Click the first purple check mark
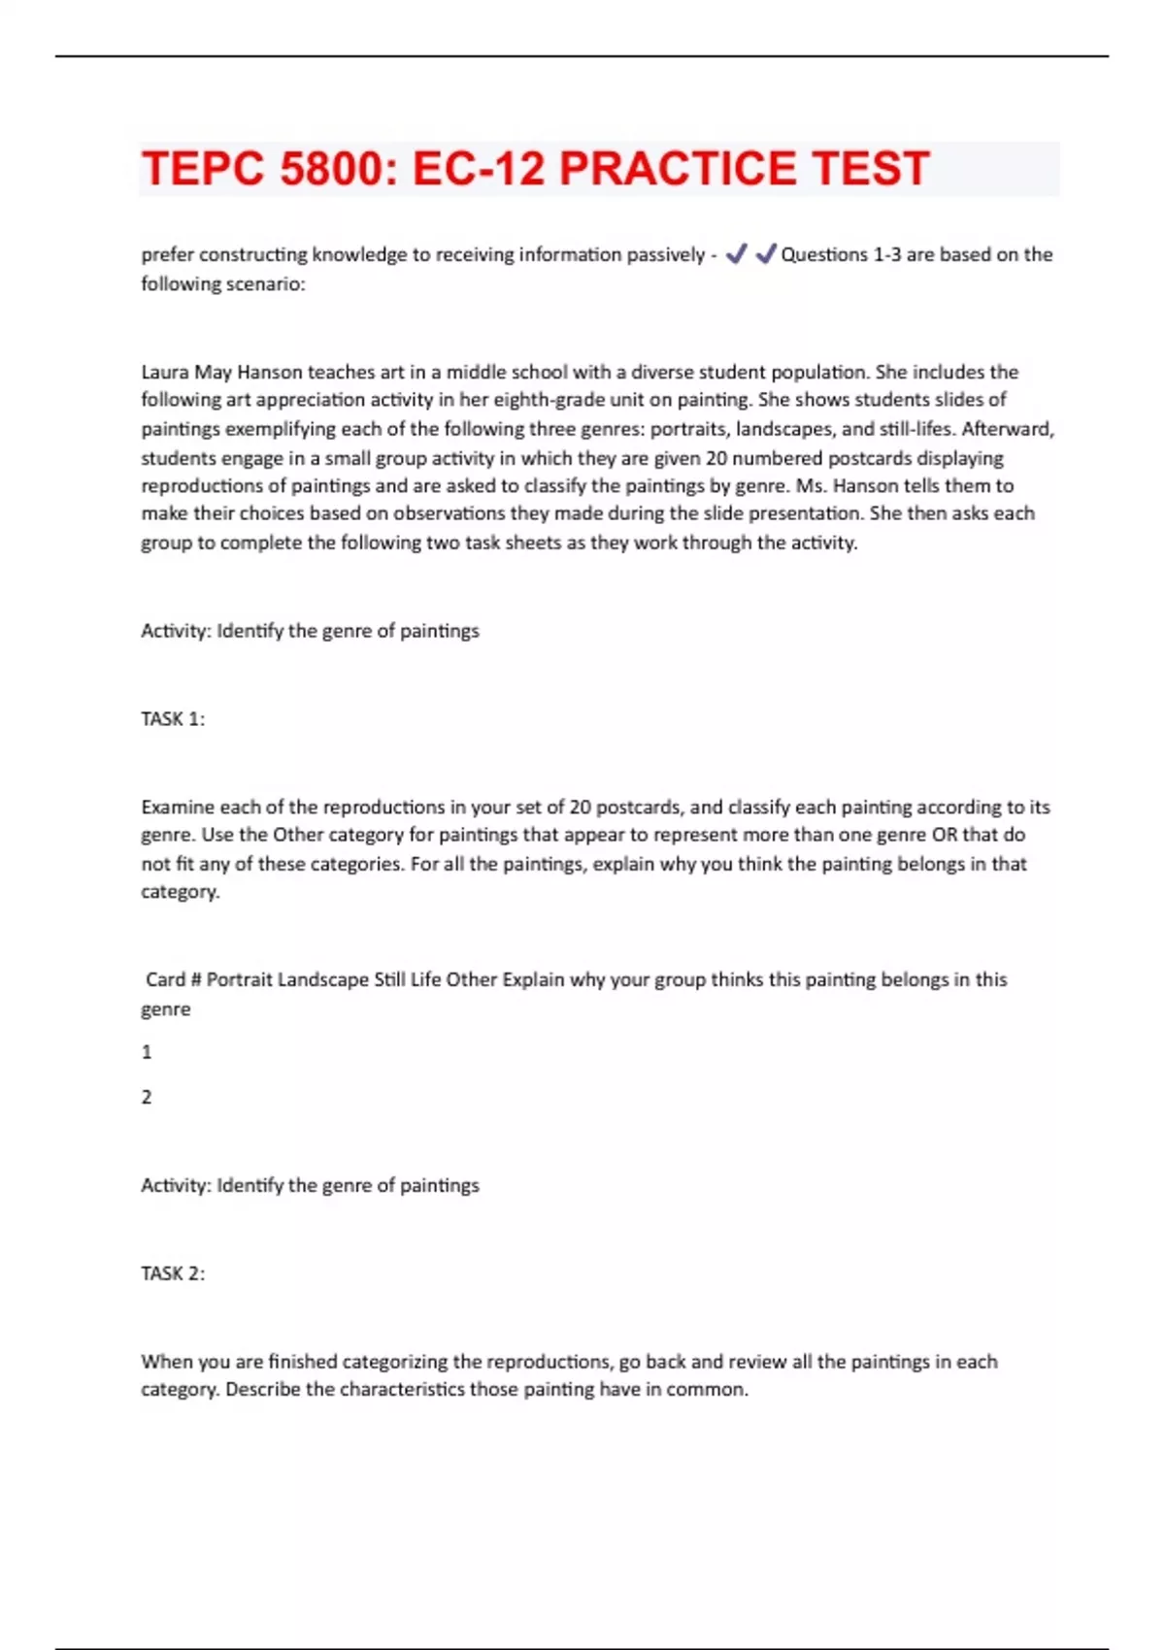(737, 254)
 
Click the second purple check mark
(766, 254)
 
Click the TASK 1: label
(173, 719)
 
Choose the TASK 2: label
(173, 1273)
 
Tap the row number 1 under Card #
(147, 1052)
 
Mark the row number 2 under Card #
(147, 1098)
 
